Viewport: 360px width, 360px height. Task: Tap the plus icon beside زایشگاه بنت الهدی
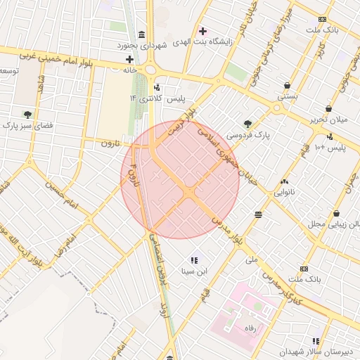tap(203, 31)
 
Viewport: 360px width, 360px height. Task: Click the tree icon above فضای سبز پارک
tap(27, 113)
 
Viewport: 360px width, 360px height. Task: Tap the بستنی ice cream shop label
tap(287, 94)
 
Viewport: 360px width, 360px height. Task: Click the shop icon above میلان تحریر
tap(328, 109)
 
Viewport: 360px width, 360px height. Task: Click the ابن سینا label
tap(195, 270)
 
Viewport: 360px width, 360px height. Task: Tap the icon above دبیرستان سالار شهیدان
tap(316, 341)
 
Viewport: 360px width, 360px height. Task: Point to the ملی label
tap(251, 259)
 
